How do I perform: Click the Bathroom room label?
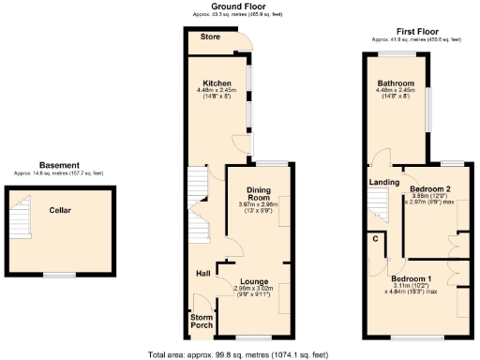(x=396, y=83)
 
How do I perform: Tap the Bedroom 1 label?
(x=412, y=279)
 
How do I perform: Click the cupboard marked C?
(x=376, y=238)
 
